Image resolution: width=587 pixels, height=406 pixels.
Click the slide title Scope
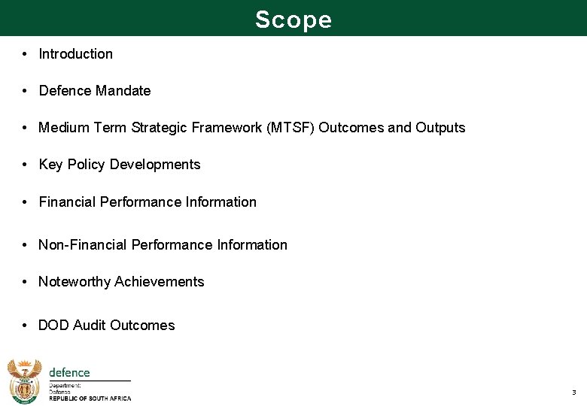tap(293, 19)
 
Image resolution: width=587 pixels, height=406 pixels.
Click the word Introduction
tap(75, 54)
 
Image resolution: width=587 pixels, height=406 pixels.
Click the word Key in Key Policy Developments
tap(50, 165)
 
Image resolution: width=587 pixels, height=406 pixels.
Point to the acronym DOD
tap(53, 326)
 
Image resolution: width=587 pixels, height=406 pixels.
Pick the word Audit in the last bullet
tap(90, 326)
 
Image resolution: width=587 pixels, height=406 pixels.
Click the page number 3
tap(573, 392)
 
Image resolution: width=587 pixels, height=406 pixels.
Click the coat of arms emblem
tap(24, 381)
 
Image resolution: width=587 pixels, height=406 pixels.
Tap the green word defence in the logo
tap(69, 372)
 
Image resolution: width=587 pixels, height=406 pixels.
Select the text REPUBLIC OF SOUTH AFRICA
tap(90, 399)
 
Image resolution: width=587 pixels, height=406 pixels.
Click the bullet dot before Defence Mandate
tap(25, 91)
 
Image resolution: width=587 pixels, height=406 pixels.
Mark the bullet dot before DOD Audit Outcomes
tap(25, 326)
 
